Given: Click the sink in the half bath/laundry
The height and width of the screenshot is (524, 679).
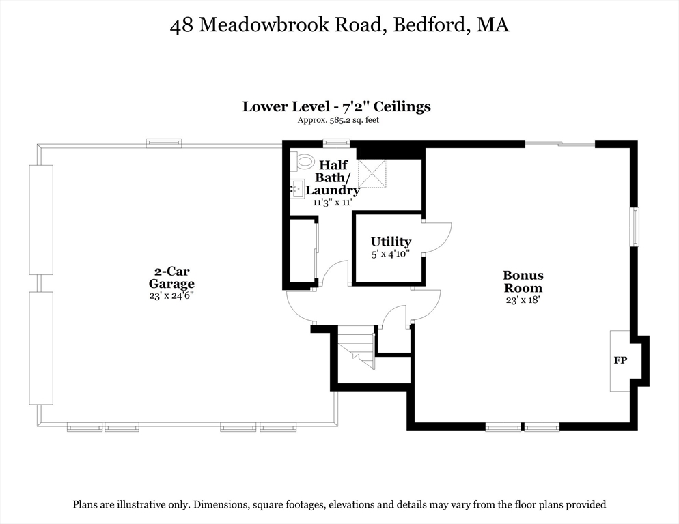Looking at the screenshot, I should pos(297,189).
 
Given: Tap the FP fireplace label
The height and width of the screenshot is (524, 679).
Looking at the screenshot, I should pos(620,360).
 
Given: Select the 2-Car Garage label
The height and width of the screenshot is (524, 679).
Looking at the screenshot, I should pos(171,278).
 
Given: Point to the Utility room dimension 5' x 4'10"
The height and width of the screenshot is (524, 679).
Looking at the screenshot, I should pos(391,254).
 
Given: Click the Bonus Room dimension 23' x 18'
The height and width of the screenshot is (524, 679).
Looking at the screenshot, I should pos(523,300).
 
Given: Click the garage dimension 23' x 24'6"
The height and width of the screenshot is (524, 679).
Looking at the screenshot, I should pos(171,295).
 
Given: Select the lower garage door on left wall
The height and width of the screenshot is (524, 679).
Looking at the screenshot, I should pos(40,348).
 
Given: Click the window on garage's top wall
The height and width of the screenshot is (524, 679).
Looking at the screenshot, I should pos(164,143).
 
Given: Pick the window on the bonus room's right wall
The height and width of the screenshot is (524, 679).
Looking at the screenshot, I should pos(635,227).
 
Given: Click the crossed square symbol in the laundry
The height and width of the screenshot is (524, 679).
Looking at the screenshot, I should pos(372,173).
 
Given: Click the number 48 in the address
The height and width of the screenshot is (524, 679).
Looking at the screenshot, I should pos(182,26).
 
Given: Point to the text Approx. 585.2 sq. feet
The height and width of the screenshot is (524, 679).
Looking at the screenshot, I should pos(337,120).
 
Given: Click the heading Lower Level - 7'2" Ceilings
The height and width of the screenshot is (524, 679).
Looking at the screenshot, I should pos(336,106).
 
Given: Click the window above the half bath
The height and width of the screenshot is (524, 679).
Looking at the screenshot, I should pos(336,143).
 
